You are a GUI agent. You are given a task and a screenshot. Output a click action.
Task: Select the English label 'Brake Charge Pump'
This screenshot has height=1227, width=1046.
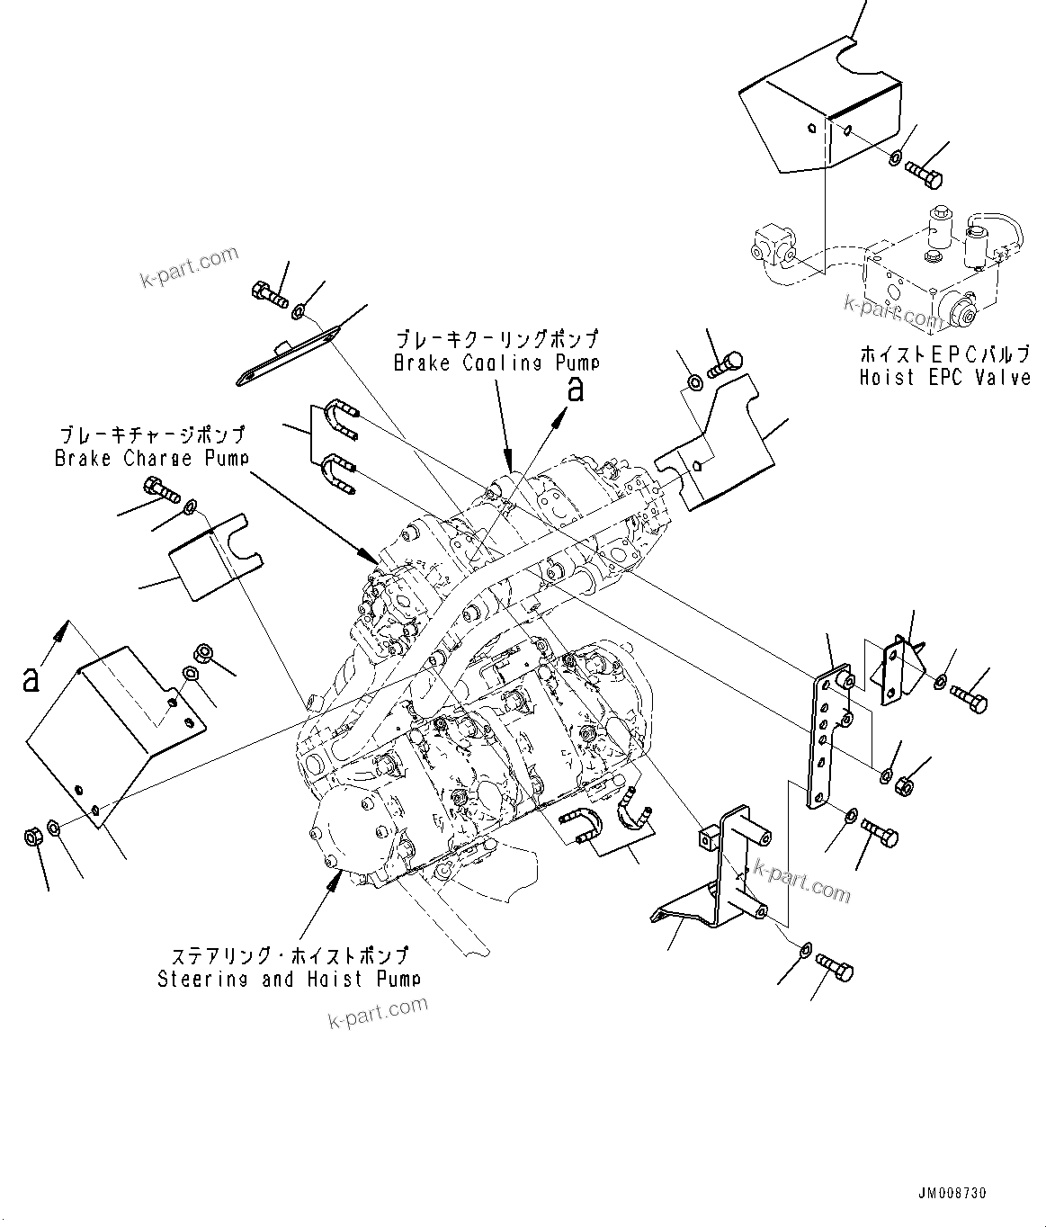click(x=151, y=458)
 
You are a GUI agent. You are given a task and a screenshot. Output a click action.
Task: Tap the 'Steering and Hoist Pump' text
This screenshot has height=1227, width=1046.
click(x=289, y=979)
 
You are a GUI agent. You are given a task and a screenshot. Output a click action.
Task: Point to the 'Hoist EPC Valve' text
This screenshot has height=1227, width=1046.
click(x=944, y=377)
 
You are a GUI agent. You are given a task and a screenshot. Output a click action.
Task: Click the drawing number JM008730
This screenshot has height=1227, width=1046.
click(x=952, y=1193)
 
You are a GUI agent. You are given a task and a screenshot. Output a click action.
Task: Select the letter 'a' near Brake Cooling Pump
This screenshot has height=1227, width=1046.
click(x=575, y=390)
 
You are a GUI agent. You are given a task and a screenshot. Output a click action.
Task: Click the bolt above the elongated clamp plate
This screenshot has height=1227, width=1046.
click(x=267, y=292)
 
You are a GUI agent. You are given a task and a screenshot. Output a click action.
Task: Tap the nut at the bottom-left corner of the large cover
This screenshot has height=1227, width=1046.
click(x=31, y=837)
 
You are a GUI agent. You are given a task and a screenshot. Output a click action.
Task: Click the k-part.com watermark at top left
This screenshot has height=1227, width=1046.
click(x=189, y=267)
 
